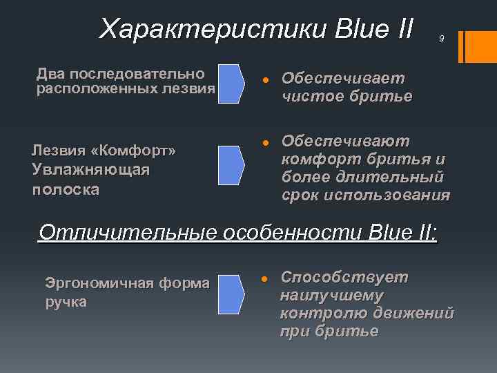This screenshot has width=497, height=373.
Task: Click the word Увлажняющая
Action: point(90,170)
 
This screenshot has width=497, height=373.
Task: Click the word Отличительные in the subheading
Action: point(128,233)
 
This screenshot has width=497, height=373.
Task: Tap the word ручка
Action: point(66,302)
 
